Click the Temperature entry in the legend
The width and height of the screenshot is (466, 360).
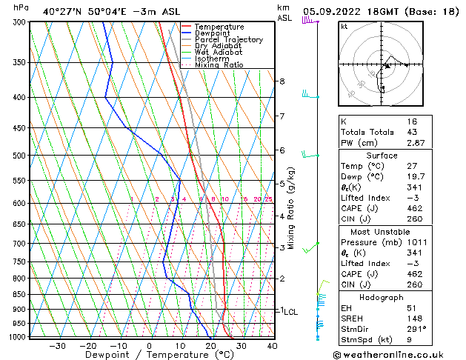[219, 27]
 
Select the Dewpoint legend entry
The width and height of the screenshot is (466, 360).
[214, 33]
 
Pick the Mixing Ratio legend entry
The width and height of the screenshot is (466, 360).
[219, 65]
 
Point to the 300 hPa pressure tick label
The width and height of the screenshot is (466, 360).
[20, 22]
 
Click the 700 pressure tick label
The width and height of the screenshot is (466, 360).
[20, 243]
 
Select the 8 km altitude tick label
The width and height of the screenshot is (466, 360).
[282, 81]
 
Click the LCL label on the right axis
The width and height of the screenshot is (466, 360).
[290, 312]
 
